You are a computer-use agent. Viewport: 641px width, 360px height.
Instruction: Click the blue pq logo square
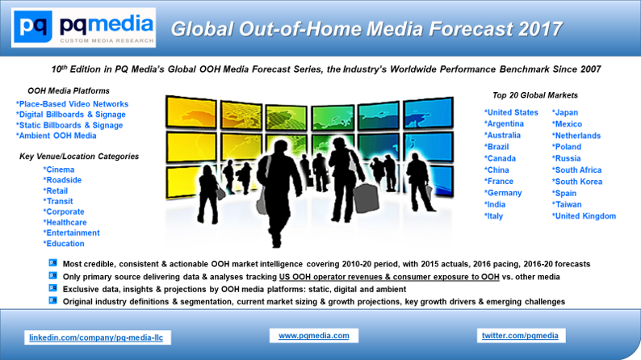(33, 27)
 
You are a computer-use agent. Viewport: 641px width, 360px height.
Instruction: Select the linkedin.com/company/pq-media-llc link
(96, 337)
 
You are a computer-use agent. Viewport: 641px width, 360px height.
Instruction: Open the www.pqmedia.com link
(314, 336)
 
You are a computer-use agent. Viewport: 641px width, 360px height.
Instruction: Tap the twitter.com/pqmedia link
(520, 336)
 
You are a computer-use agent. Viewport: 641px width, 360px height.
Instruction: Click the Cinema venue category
(59, 170)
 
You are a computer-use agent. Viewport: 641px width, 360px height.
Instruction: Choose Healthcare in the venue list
(65, 223)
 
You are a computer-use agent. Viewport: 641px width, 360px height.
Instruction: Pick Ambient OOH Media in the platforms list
(57, 136)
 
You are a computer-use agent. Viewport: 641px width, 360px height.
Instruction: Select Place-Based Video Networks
(73, 104)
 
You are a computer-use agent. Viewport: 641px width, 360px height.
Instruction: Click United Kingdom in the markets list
(584, 216)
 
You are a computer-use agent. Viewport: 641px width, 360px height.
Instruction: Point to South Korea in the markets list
(577, 182)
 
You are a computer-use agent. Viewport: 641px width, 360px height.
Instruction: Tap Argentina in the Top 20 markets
(504, 123)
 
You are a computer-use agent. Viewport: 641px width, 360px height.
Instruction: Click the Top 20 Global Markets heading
(535, 95)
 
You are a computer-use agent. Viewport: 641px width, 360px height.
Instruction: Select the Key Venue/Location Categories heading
(79, 157)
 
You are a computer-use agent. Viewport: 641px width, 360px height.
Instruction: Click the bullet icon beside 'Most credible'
(52, 263)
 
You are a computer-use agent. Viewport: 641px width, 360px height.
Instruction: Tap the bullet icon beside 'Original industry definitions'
(52, 300)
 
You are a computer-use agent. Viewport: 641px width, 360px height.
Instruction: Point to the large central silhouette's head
(280, 147)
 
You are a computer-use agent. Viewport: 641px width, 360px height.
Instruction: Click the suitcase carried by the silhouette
(366, 199)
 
